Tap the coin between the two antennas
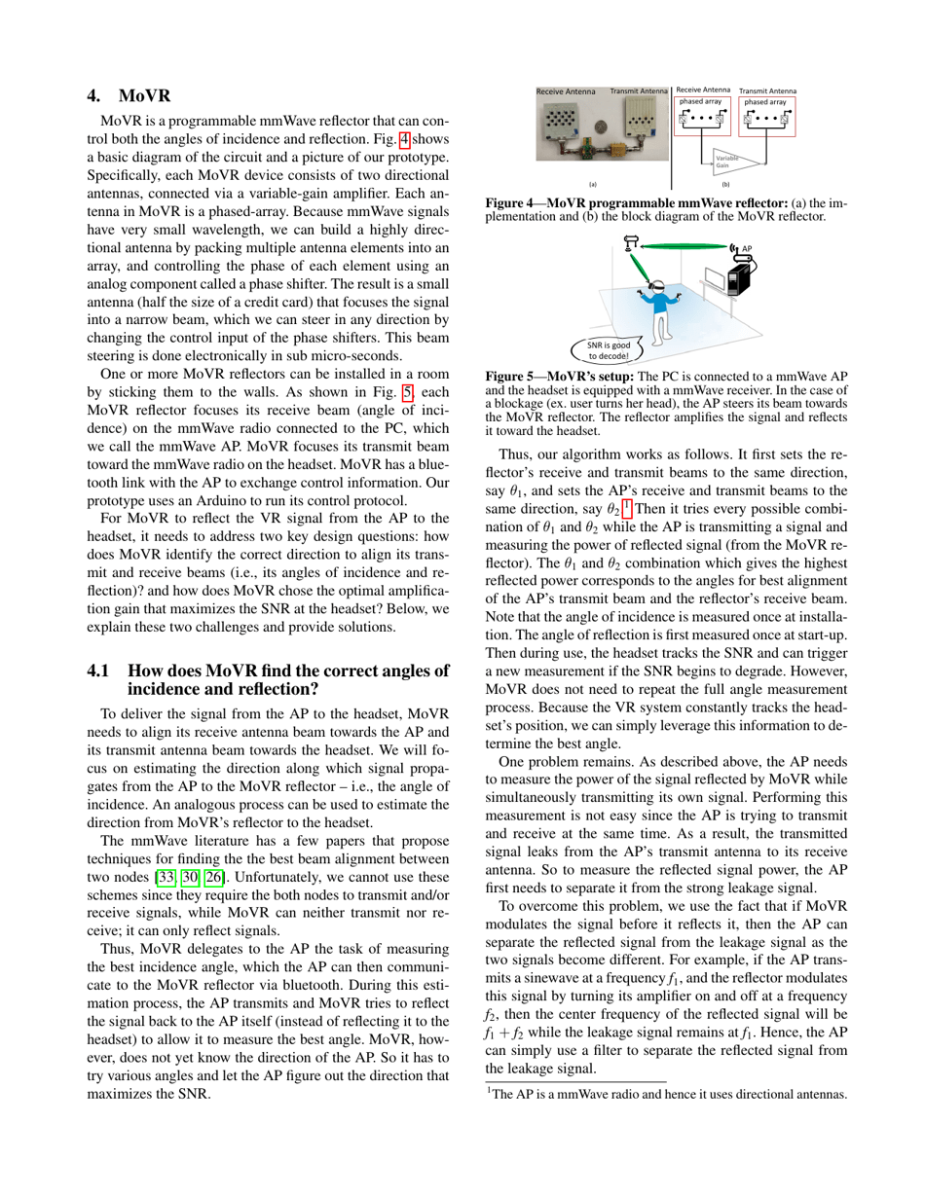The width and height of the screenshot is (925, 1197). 601,126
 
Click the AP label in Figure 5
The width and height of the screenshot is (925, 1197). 747,248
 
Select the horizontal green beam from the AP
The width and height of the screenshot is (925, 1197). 682,247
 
